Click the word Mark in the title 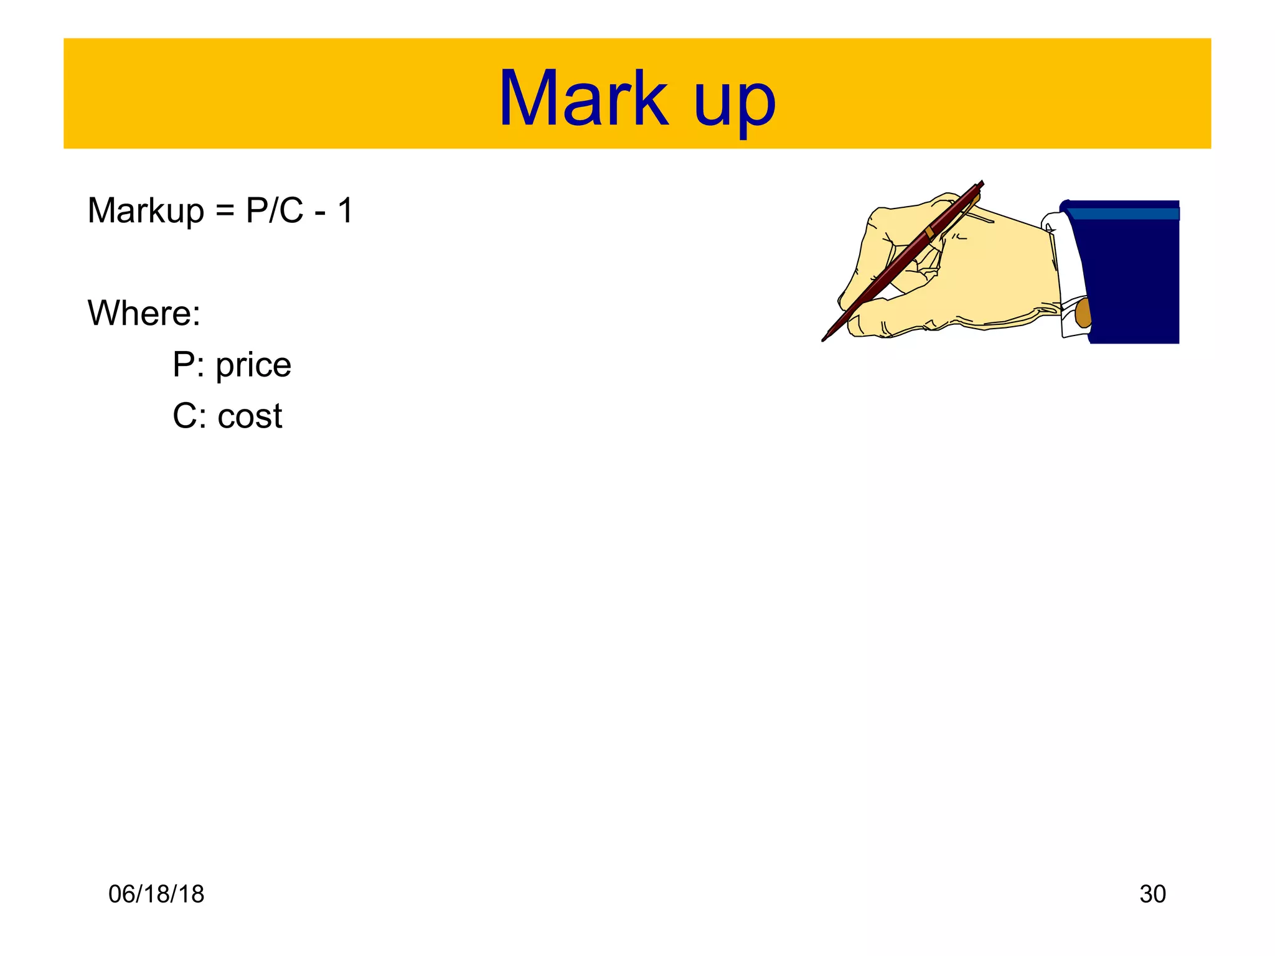[583, 100]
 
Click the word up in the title [735, 103]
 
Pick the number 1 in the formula [346, 210]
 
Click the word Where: [144, 312]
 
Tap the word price [253, 366]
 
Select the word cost [250, 416]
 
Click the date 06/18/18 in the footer [156, 894]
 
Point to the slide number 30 [1152, 894]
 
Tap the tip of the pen [824, 339]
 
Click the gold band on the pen [929, 232]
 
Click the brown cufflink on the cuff [1083, 312]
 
